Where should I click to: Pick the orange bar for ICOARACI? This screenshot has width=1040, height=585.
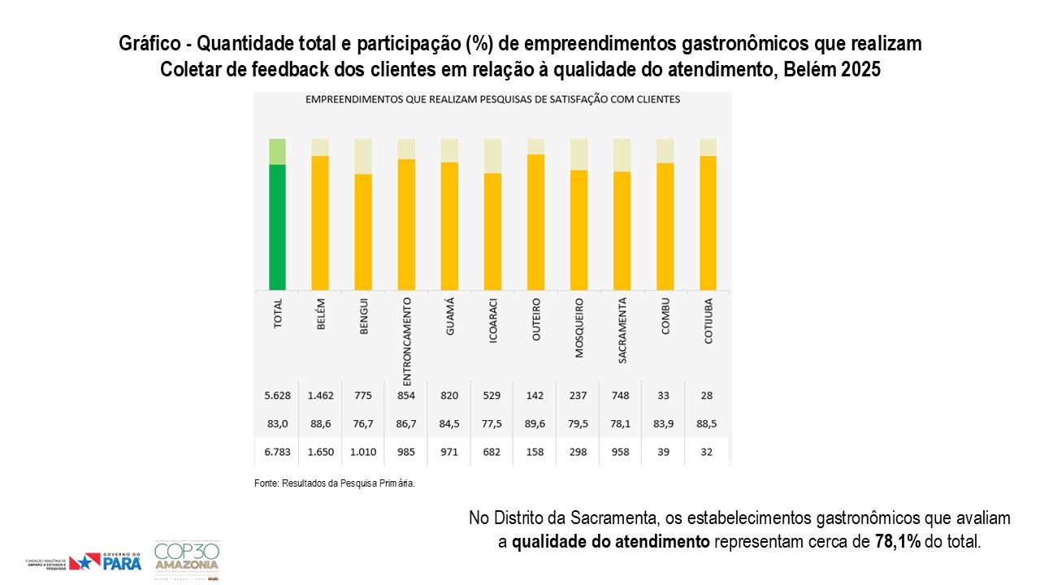pyautogui.click(x=492, y=231)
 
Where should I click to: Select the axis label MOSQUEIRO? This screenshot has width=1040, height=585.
pyautogui.click(x=579, y=329)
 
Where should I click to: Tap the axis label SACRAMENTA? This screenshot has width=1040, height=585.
pyautogui.click(x=622, y=331)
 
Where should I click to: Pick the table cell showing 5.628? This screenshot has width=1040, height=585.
pyautogui.click(x=278, y=396)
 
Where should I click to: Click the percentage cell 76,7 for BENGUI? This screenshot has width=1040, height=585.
pyautogui.click(x=363, y=424)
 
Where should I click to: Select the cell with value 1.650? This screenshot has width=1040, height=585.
pyautogui.click(x=320, y=452)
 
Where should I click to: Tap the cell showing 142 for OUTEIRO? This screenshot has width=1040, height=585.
pyautogui.click(x=536, y=396)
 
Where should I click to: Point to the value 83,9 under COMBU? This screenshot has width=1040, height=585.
pyautogui.click(x=665, y=424)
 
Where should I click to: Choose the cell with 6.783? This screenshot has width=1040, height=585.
pyautogui.click(x=278, y=452)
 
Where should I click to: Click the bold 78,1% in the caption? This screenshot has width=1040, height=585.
pyautogui.click(x=898, y=541)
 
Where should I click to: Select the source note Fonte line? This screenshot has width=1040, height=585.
pyautogui.click(x=335, y=483)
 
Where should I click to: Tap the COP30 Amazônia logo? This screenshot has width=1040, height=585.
pyautogui.click(x=186, y=560)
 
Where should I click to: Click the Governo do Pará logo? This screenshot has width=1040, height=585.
pyautogui.click(x=106, y=561)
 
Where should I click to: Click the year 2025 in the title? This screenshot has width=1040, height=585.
pyautogui.click(x=860, y=70)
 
